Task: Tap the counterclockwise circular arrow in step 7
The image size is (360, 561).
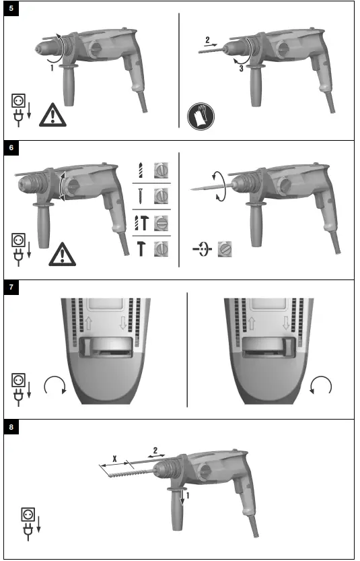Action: [322, 387]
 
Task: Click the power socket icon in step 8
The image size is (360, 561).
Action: [29, 514]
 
